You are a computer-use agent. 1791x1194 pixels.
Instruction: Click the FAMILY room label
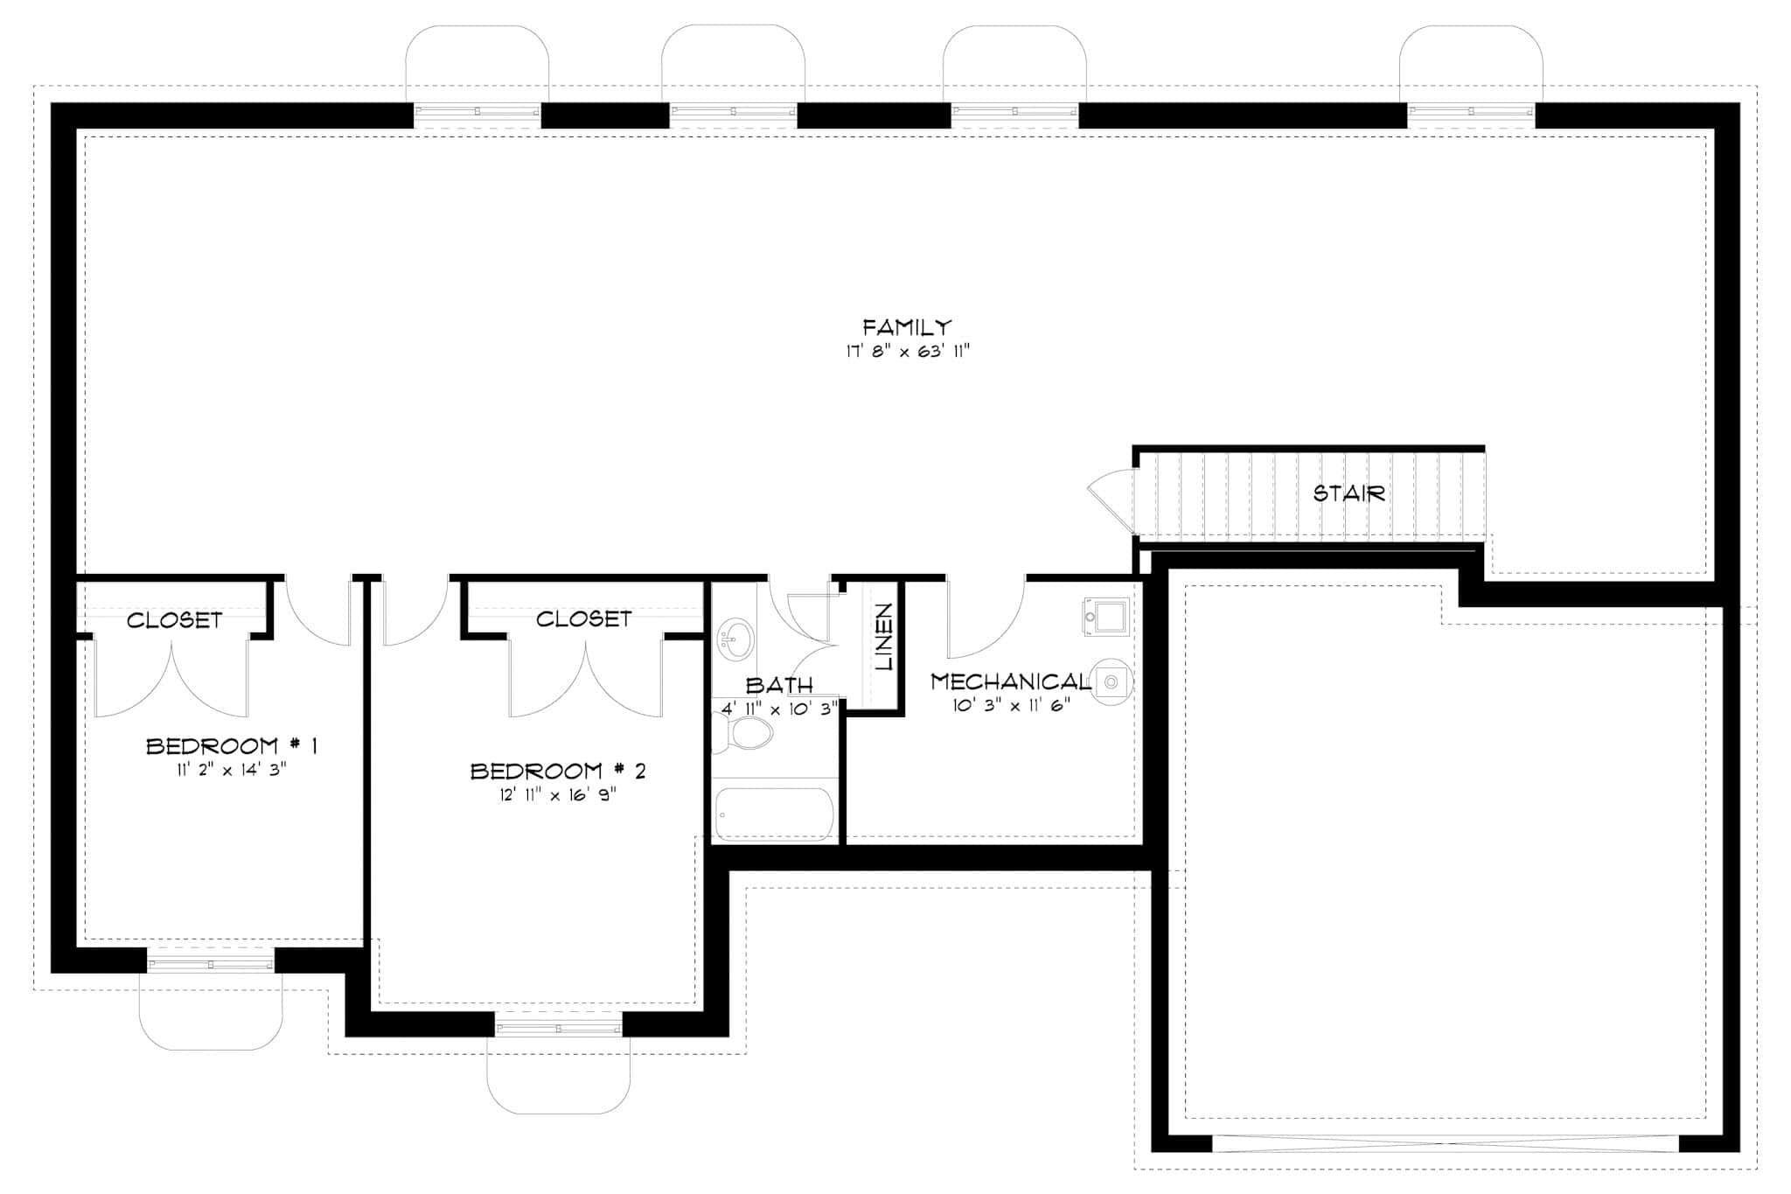(906, 328)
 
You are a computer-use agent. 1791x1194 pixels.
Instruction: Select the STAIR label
(1349, 493)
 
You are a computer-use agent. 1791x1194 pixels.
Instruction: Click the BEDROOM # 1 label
(231, 746)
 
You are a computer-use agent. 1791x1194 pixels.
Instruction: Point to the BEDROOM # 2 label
(558, 771)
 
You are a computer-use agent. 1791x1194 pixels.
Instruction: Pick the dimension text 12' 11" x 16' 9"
(557, 795)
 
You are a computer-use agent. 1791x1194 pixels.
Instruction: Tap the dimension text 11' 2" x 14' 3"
(231, 770)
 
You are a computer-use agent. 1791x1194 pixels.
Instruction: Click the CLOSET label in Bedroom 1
(174, 620)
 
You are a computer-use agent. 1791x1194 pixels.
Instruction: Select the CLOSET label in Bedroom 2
(583, 619)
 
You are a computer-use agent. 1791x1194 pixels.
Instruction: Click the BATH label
(779, 685)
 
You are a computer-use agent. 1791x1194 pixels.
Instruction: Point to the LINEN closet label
(884, 637)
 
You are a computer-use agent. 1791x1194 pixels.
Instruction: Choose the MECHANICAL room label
(1010, 681)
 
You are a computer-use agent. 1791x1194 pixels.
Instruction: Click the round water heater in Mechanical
(1112, 681)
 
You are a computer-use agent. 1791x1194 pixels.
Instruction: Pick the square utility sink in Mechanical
(1106, 617)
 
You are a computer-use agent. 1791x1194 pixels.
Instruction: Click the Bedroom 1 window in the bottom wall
(210, 964)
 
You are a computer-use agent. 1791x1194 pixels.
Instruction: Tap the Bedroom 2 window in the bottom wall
(559, 1028)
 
